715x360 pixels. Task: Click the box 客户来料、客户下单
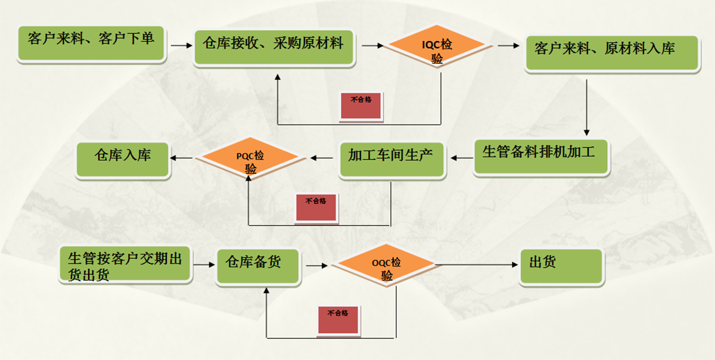click(x=91, y=42)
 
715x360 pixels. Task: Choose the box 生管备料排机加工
click(x=541, y=156)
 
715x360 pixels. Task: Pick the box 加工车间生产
click(x=391, y=159)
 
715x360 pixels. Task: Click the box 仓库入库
click(x=123, y=159)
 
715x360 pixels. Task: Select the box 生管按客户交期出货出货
click(x=125, y=265)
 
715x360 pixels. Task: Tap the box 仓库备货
click(x=257, y=266)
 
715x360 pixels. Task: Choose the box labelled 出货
click(x=561, y=266)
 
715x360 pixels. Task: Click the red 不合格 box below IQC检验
click(x=360, y=105)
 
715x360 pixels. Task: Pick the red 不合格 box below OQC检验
click(x=338, y=319)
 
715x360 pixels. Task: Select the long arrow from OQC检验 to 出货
click(x=477, y=265)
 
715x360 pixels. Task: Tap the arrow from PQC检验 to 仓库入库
click(x=182, y=158)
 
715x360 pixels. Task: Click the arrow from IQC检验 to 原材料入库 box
click(x=509, y=45)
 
